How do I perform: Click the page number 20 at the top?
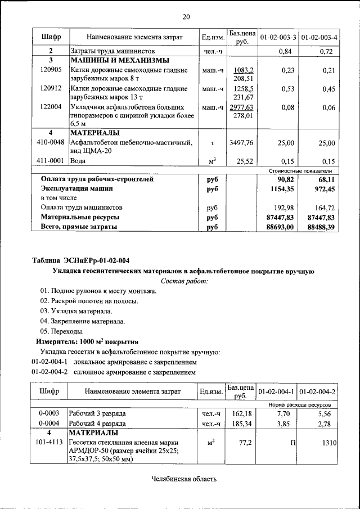pyautogui.click(x=186, y=16)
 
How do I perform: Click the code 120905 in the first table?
pyautogui.click(x=51, y=70)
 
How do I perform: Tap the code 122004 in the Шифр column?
pyautogui.click(x=51, y=107)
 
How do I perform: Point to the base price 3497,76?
pyautogui.click(x=241, y=143)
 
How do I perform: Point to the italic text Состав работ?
pyautogui.click(x=184, y=280)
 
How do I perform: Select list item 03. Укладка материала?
pyautogui.click(x=76, y=311)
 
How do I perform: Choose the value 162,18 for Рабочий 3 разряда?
pyautogui.click(x=241, y=413)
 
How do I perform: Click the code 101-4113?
pyautogui.click(x=50, y=443)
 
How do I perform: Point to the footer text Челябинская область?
pyautogui.click(x=184, y=479)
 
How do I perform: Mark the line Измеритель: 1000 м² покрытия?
pyautogui.click(x=87, y=341)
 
